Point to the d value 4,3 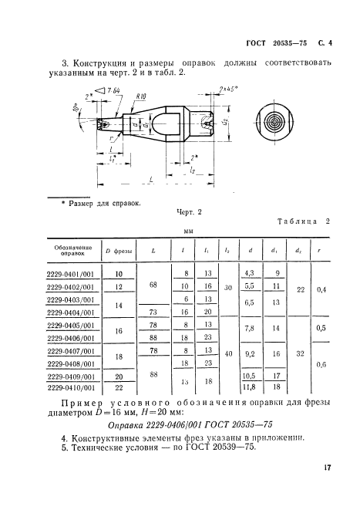pos(249,273)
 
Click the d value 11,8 pos(249,388)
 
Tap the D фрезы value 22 pos(119,388)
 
